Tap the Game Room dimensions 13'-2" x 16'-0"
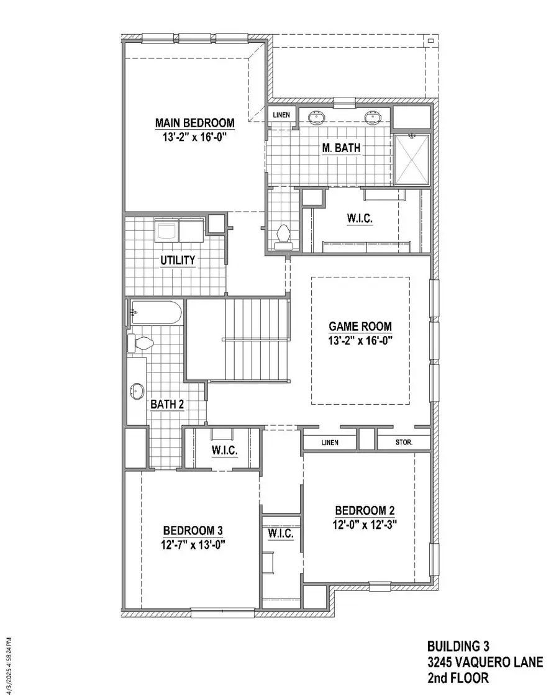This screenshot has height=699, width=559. pos(360,340)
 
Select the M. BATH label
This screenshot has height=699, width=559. pos(342,148)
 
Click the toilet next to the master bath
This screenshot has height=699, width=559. pos(283,236)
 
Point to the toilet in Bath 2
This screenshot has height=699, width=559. pos(140,343)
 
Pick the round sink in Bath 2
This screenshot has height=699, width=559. pos(137,391)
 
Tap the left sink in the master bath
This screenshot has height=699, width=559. pos(317,116)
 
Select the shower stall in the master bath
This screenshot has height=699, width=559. pos(411,160)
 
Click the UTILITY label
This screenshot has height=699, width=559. pos(177,260)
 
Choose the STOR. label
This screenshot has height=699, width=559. pos(404,443)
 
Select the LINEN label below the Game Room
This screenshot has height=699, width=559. pos(330,443)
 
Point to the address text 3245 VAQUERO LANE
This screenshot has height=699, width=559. pos(484,662)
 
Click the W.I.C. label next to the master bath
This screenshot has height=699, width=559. pos(360,219)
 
